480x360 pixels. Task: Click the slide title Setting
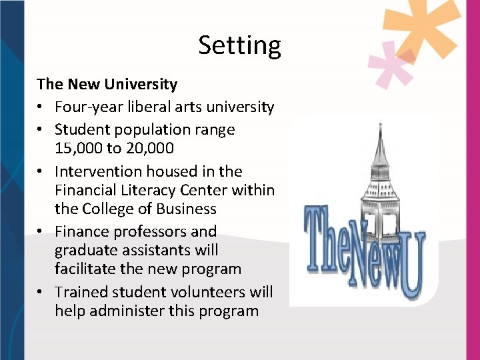point(239,46)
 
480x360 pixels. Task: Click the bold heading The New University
point(107,85)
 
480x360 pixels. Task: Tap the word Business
point(183,209)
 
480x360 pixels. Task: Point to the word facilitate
point(86,269)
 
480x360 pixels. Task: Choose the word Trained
point(83,292)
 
